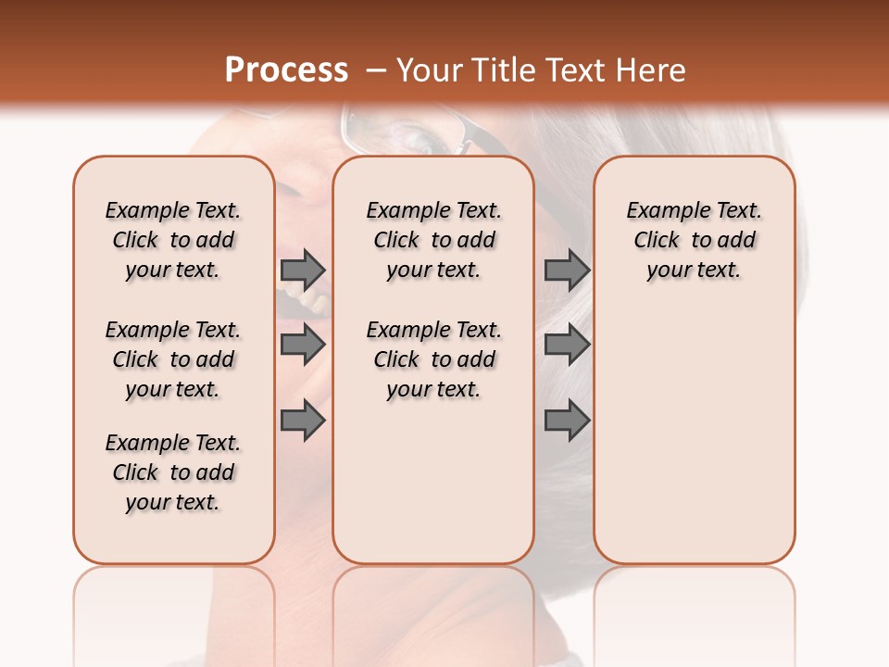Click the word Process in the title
(286, 69)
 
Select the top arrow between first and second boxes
(303, 271)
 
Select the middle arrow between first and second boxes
(303, 346)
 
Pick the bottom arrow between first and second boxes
(303, 422)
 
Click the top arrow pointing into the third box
(567, 271)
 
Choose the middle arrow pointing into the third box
(567, 346)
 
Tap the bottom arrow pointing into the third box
(567, 422)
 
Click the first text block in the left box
(173, 240)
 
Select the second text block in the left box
(173, 359)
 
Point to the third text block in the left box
(173, 472)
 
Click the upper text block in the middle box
(433, 240)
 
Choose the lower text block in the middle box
(433, 359)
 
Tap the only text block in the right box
(694, 240)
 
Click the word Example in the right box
(661, 211)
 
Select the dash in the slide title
(375, 70)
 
